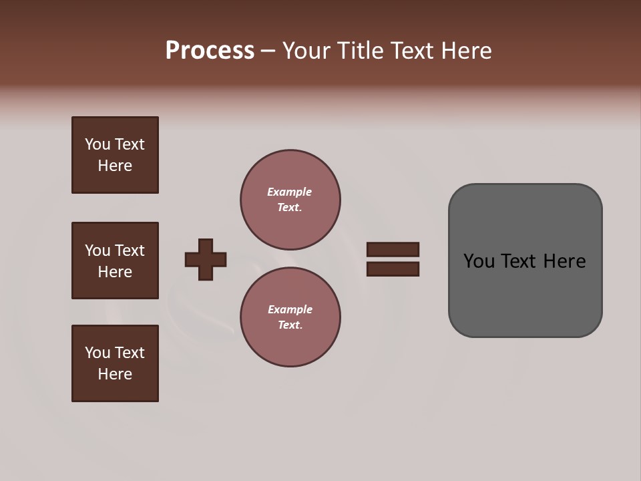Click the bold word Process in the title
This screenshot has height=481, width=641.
point(210,51)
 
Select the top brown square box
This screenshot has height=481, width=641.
point(115,155)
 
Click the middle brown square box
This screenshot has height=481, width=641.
point(115,261)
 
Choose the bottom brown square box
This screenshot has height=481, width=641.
point(115,363)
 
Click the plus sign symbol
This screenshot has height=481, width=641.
point(206,259)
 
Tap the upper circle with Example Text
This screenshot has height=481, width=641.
point(290,200)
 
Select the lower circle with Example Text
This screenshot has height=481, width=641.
point(290,317)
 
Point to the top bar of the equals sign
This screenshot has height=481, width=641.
point(393,249)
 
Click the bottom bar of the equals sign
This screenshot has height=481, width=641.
point(393,269)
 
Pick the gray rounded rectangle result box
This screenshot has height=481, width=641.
point(525,261)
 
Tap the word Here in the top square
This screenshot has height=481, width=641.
point(115,166)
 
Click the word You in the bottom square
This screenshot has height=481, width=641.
point(97,353)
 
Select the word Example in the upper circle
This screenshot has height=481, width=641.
point(290,192)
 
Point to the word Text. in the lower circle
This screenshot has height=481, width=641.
point(290,325)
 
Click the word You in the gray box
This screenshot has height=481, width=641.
point(479,261)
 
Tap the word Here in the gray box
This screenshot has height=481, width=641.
point(565,261)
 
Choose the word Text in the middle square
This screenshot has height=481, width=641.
point(129,251)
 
